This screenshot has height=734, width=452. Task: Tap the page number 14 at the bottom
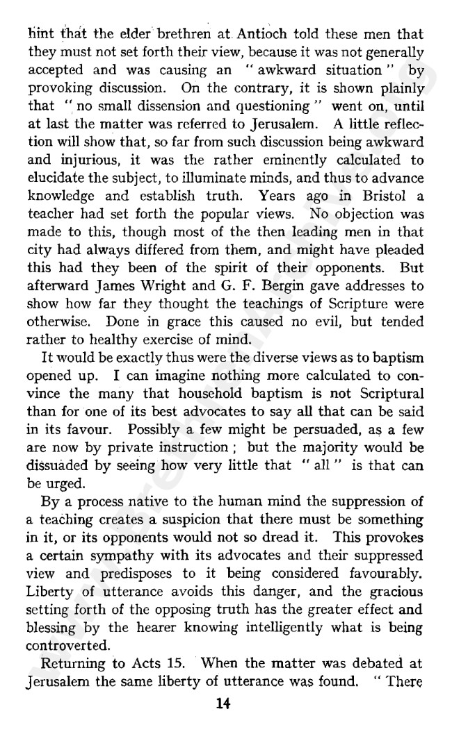tap(223, 703)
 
